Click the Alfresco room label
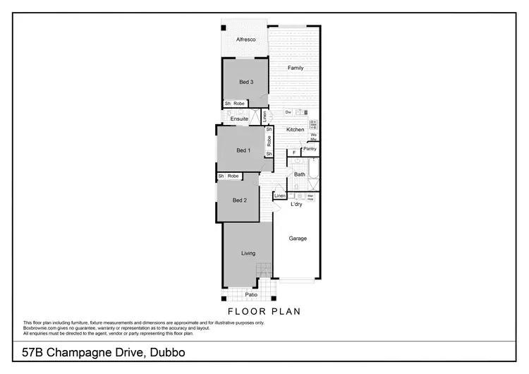point(245,40)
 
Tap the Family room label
point(296,68)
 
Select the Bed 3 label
point(246,83)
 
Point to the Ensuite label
point(239,119)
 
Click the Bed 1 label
point(243,150)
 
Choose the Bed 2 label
point(240,200)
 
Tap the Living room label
point(248,253)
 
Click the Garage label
point(298,239)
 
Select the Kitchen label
point(296,130)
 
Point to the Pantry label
point(310,150)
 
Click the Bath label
point(300,174)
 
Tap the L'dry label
point(296,205)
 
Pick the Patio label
point(250,295)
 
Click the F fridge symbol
point(293,152)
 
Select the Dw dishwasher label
point(288,112)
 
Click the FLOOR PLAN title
point(264,310)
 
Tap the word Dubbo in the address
point(169,351)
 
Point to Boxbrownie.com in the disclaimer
point(42,327)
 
